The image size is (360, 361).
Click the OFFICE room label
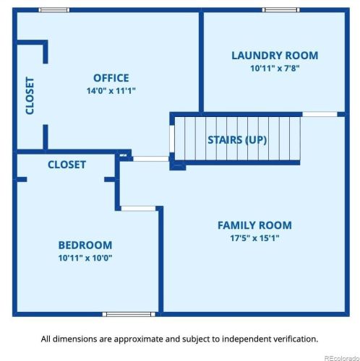pos(111,78)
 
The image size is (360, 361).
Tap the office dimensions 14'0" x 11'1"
pos(111,91)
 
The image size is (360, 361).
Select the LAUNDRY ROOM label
pos(275,56)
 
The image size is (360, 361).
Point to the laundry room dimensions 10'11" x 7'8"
pos(275,69)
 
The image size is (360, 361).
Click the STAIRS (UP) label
pos(237,140)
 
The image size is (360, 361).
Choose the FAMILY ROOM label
pos(254,225)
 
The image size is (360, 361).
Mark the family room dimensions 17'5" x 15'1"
pos(254,238)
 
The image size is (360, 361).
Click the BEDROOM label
pos(85,245)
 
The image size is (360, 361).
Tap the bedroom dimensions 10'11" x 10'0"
pos(85,258)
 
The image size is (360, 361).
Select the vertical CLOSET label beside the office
pos(30,95)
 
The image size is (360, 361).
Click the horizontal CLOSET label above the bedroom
pos(67,165)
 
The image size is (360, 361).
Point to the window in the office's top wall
pos(54,10)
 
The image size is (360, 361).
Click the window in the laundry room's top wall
pos(281,10)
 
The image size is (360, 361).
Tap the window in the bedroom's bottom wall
pos(129,314)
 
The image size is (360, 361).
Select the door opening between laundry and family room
pos(320,114)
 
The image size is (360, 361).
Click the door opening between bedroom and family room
pos(138,209)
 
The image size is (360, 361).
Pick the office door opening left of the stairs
pos(151,159)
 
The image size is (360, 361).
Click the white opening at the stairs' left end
pos(172,139)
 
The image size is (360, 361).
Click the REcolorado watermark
pos(342,358)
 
